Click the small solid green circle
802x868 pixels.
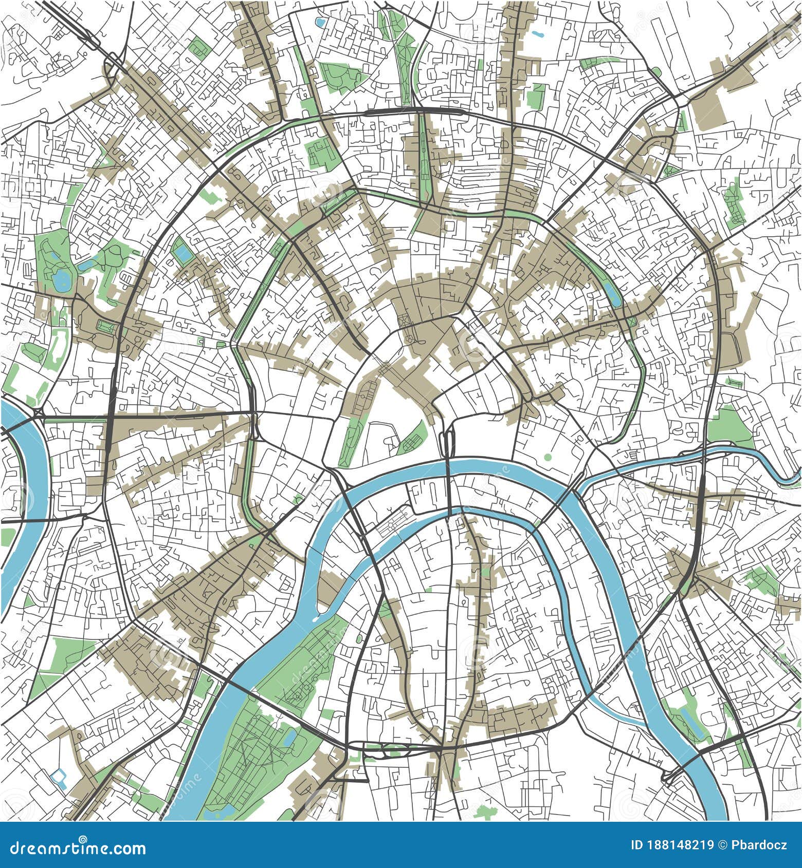(x=547, y=457)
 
